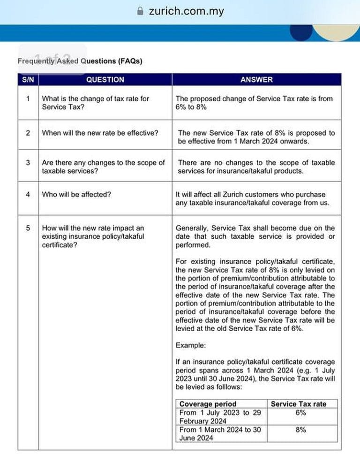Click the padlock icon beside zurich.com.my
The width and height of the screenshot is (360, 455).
click(x=140, y=11)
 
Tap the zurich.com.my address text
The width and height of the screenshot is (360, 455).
click(x=186, y=11)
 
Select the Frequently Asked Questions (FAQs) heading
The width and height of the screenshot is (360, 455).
click(x=80, y=61)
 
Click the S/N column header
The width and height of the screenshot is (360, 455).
click(x=27, y=80)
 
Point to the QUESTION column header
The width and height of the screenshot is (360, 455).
click(x=105, y=80)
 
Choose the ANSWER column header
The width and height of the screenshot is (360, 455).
click(x=256, y=80)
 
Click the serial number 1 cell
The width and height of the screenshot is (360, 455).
click(x=28, y=99)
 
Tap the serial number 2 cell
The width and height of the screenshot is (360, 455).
click(x=28, y=133)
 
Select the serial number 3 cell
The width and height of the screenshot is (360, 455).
click(x=28, y=163)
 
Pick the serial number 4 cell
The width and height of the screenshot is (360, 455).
click(x=28, y=194)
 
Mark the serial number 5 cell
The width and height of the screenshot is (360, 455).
click(x=28, y=228)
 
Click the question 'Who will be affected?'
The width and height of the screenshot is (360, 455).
click(x=76, y=194)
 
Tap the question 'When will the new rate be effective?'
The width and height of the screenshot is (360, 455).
click(x=100, y=133)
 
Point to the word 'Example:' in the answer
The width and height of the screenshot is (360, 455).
click(x=190, y=345)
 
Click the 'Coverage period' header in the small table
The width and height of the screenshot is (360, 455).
click(x=208, y=404)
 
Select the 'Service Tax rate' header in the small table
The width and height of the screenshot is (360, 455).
click(x=298, y=404)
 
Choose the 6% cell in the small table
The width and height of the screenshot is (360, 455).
click(x=301, y=413)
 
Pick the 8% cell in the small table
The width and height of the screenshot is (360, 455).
click(x=301, y=430)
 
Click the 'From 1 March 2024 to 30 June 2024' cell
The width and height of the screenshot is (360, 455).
click(x=220, y=433)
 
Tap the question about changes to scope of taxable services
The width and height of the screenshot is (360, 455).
click(x=103, y=167)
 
